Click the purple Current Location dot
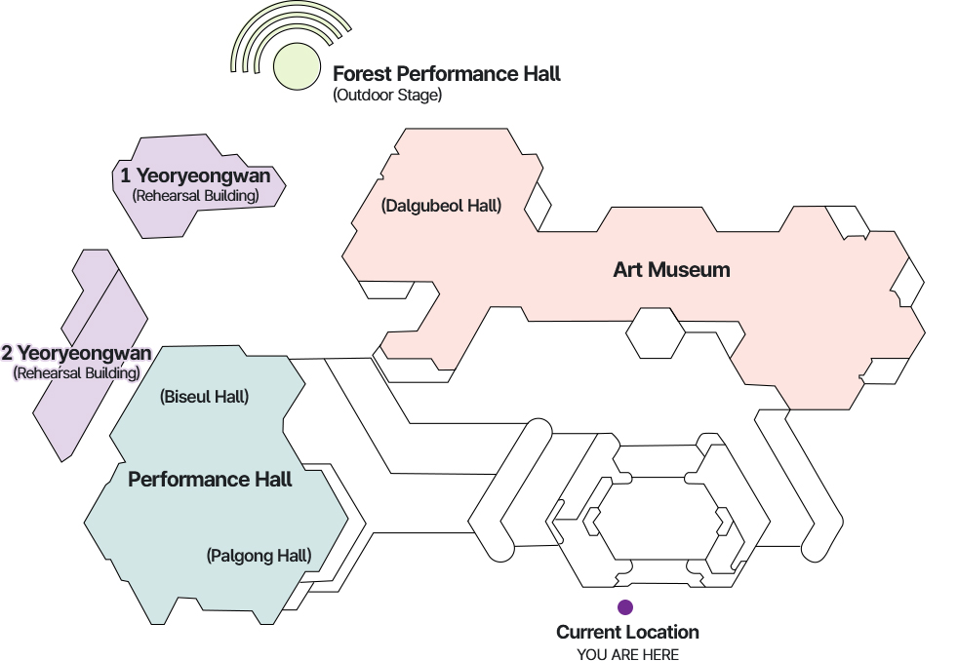[625, 607]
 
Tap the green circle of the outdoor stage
[297, 65]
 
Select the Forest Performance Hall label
[446, 74]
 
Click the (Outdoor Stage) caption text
[387, 96]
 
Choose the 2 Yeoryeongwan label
[76, 353]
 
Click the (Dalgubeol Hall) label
[441, 206]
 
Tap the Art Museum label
[671, 270]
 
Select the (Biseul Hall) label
[204, 397]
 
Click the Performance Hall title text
[210, 480]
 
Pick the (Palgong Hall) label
[259, 556]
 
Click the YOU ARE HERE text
[627, 654]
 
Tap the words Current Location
[627, 633]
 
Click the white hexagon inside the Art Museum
[655, 332]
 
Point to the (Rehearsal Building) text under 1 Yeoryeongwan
[195, 196]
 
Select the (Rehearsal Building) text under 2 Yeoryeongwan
[76, 372]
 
